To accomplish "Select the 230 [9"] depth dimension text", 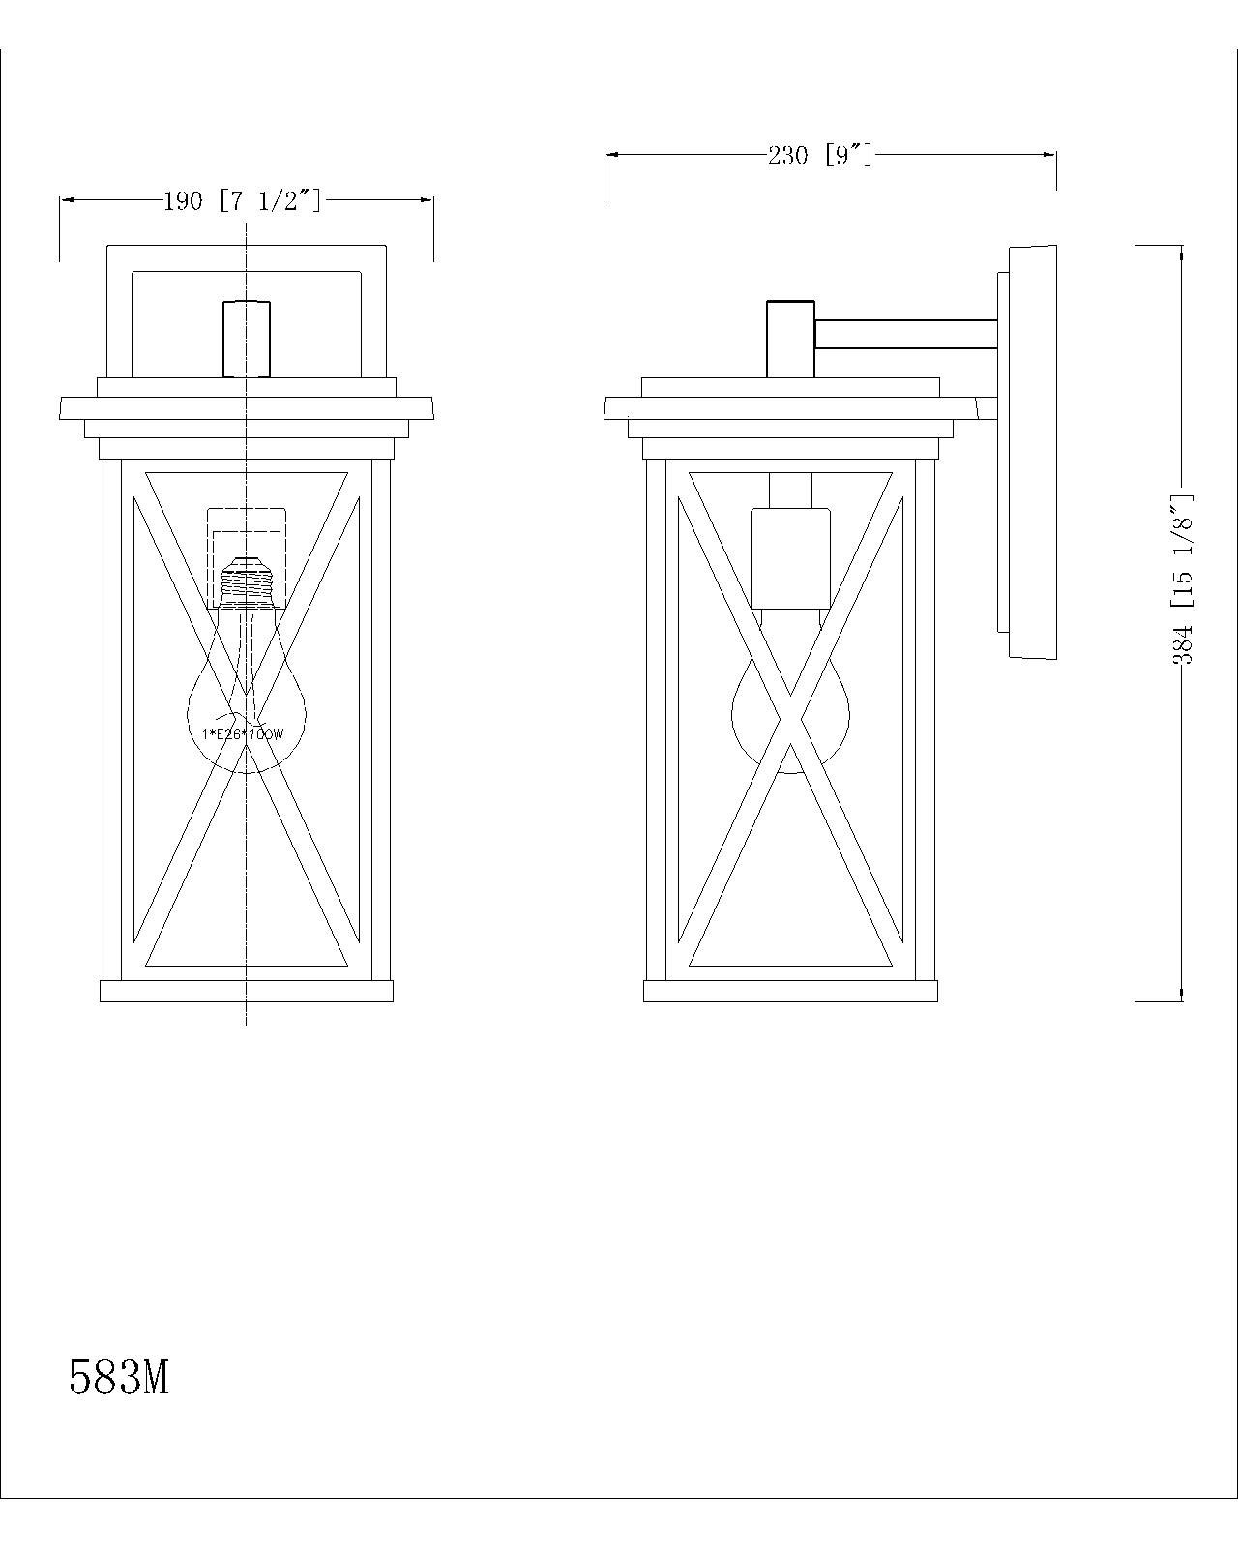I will pyautogui.click(x=820, y=155).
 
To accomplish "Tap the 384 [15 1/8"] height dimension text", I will pyautogui.click(x=1185, y=579).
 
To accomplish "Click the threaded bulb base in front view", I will pyautogui.click(x=247, y=580).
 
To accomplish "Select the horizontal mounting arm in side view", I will pyautogui.click(x=905, y=334).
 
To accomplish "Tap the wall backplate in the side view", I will pyautogui.click(x=1032, y=452).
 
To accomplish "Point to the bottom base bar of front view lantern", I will pyautogui.click(x=247, y=991).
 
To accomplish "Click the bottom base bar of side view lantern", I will pyautogui.click(x=790, y=991).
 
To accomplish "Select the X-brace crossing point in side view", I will pyautogui.click(x=791, y=719).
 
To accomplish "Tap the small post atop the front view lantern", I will pyautogui.click(x=247, y=338).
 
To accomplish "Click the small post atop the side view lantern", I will pyautogui.click(x=790, y=338).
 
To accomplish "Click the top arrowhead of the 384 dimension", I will pyautogui.click(x=1181, y=252).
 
